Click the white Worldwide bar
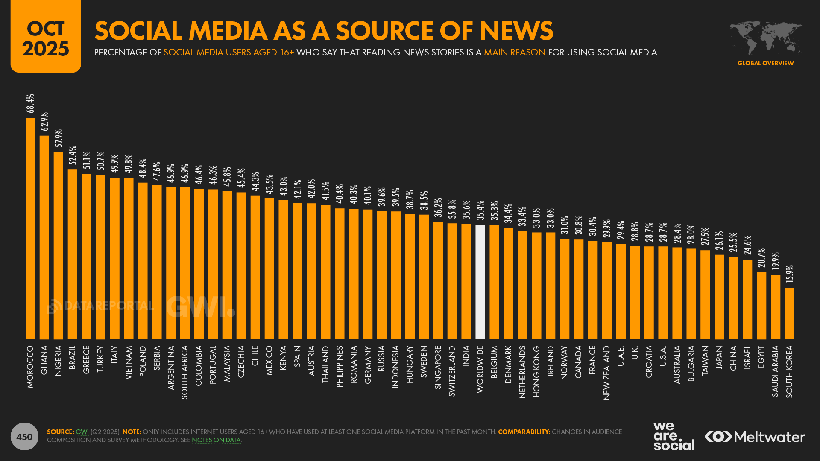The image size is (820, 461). pos(480,282)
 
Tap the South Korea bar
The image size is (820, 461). pos(789,313)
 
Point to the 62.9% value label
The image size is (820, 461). pos(44,122)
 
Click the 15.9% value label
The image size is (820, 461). pos(789,274)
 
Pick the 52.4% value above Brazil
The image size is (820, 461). pos(73,155)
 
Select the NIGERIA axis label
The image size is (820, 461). pos(59,361)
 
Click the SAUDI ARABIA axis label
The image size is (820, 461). pos(775,371)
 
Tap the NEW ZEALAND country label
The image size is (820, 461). pos(606,373)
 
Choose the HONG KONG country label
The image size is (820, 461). pos(536,371)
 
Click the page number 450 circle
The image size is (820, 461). pos(24,436)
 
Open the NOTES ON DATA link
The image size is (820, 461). pos(216,440)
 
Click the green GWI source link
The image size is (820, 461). pos(82,432)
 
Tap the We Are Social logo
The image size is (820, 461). pos(674,436)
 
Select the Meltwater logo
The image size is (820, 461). pos(755,437)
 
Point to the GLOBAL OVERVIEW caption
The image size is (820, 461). pos(765,63)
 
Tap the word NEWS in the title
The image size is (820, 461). pos(516,31)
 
